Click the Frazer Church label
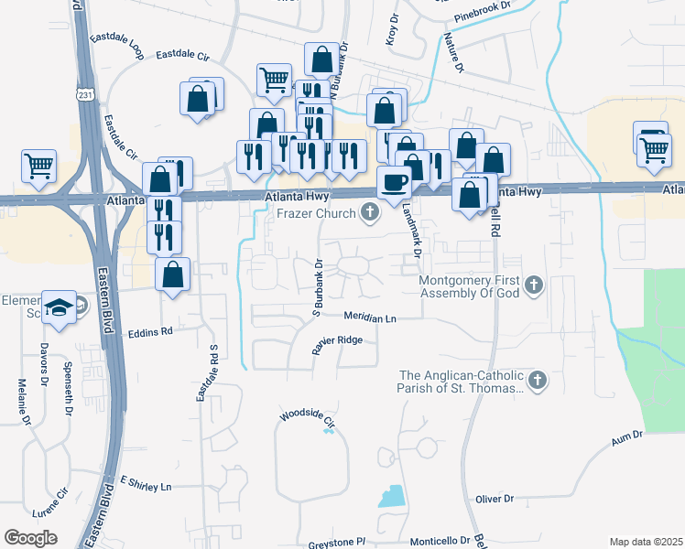point(317,214)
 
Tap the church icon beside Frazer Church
point(370,214)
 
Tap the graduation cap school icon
point(60,307)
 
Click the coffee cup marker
point(394,181)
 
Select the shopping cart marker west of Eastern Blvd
point(39,166)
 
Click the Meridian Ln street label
point(370,318)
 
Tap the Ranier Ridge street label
point(338,345)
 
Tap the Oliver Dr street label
point(495,499)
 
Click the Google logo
point(30,538)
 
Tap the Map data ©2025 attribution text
point(646,542)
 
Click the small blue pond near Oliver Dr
point(391,496)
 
